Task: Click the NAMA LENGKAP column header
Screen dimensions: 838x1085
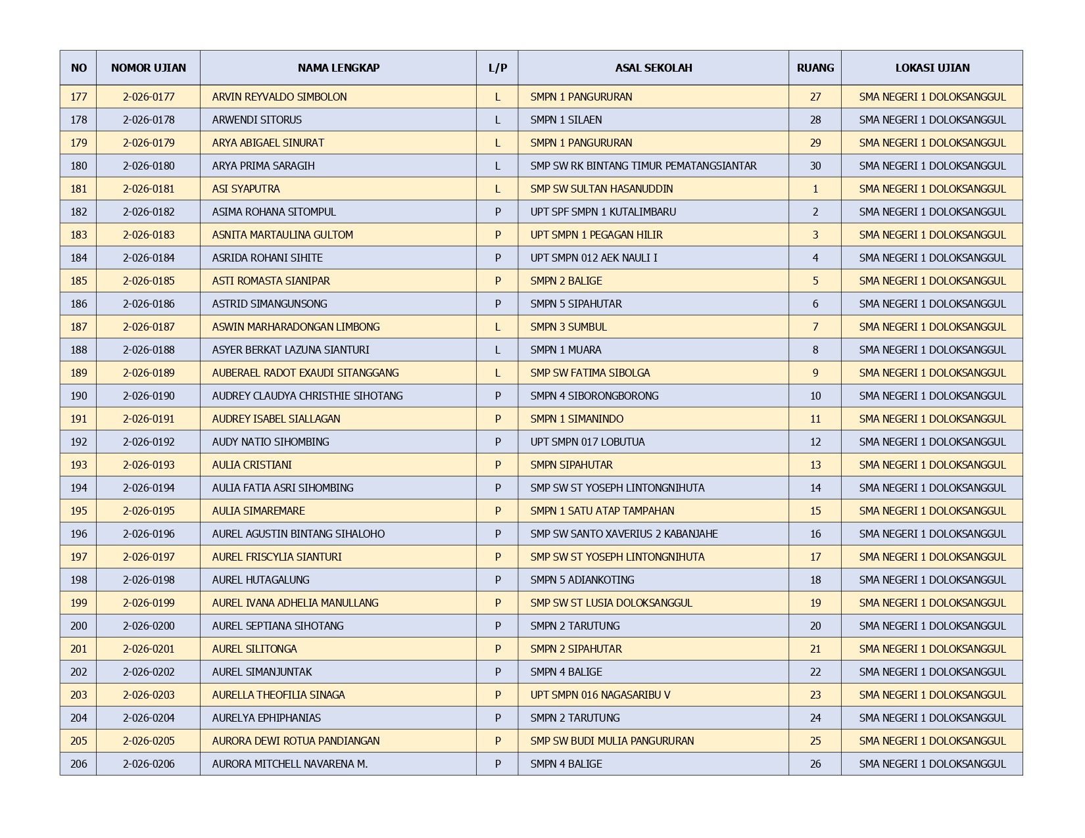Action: coord(338,68)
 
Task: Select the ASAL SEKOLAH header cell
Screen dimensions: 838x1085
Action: coord(653,68)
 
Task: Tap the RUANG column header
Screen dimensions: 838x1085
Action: coord(815,68)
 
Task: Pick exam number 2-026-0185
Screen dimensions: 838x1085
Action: coord(149,281)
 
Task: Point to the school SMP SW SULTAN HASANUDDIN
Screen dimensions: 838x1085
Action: coord(601,189)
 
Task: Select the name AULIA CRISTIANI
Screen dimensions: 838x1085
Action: coord(252,465)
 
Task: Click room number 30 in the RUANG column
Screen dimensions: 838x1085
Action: coord(815,166)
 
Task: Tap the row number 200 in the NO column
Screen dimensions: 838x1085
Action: coord(78,626)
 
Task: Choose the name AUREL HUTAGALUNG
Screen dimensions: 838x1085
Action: coord(260,580)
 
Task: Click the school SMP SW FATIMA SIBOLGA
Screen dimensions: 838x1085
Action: coord(590,373)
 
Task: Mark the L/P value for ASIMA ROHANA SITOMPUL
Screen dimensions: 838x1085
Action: coord(497,212)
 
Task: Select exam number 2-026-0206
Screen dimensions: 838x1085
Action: coord(149,764)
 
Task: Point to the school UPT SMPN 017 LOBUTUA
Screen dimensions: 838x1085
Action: coord(587,442)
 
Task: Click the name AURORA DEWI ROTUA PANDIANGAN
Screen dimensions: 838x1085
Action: coord(295,741)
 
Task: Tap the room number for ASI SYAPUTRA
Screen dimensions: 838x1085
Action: coord(815,189)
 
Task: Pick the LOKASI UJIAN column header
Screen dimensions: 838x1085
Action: coord(932,68)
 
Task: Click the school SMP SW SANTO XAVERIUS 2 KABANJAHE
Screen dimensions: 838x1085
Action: coord(624,534)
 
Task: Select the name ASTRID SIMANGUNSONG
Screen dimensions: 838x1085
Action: coord(269,304)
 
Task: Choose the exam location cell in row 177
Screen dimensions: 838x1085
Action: coord(932,97)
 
